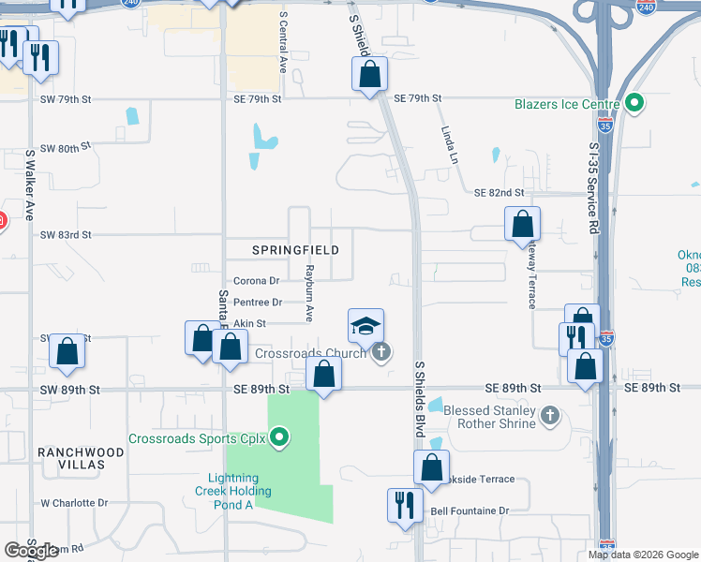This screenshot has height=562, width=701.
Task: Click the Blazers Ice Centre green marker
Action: (x=635, y=103)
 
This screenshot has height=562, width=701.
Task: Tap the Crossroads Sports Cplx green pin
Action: (x=278, y=437)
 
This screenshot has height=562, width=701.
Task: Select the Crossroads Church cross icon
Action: (x=380, y=352)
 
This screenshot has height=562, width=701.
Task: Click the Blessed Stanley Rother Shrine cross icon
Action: (x=550, y=412)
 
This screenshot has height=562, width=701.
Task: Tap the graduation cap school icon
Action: (x=365, y=327)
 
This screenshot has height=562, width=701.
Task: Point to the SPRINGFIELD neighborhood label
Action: (x=295, y=251)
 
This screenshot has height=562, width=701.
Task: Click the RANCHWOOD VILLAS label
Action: (x=81, y=458)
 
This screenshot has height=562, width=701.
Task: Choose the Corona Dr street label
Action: (x=256, y=280)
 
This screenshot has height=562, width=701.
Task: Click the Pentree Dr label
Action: (x=257, y=302)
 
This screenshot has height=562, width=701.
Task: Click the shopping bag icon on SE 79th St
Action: (x=370, y=74)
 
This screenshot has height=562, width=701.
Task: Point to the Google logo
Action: (x=32, y=551)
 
